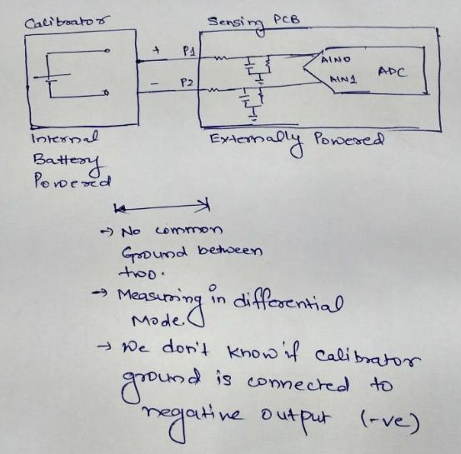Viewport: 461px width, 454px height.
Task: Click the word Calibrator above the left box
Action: [67, 22]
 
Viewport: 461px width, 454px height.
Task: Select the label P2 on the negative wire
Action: [187, 82]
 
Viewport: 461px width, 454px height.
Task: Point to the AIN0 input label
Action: [336, 60]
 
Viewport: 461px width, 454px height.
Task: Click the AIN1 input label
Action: [343, 79]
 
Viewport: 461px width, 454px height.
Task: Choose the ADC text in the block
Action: [393, 72]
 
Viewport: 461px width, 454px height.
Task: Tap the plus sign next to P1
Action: [157, 50]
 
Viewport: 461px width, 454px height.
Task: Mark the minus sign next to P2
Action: [154, 84]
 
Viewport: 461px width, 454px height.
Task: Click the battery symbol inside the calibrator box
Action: [52, 77]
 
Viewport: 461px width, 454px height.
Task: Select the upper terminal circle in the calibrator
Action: [108, 51]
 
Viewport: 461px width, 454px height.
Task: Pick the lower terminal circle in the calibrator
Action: [107, 93]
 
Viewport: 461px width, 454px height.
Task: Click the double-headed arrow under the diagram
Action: [163, 207]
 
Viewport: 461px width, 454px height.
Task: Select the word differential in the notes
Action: [288, 303]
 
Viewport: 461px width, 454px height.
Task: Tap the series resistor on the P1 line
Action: [221, 57]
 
